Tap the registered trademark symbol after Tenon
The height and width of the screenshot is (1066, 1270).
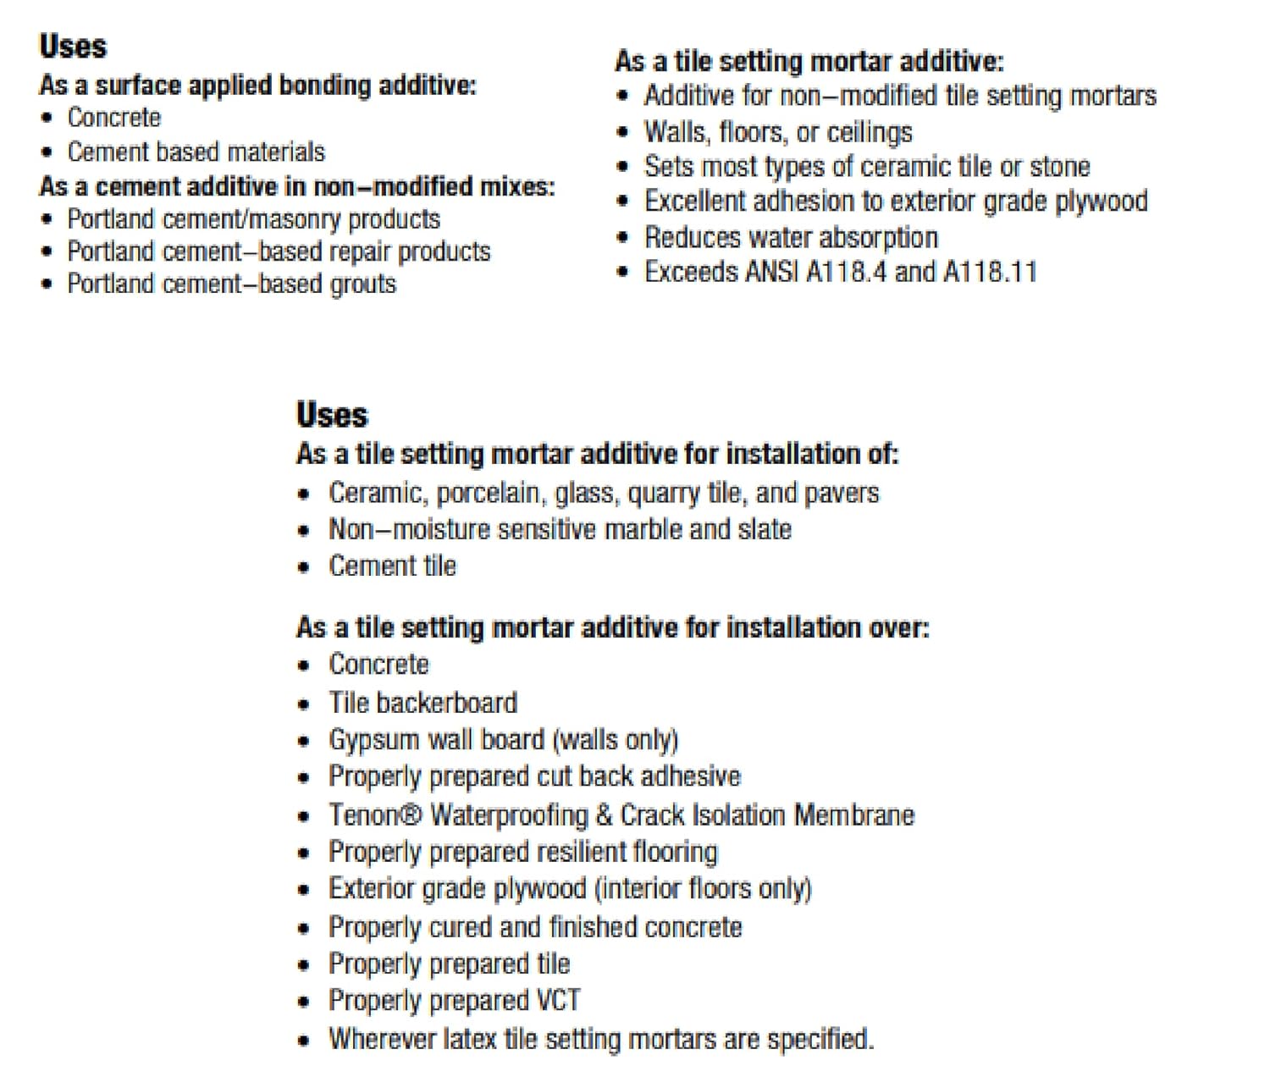[411, 815]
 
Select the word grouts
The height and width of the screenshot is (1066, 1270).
[363, 284]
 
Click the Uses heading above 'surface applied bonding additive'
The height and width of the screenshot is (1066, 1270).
[73, 46]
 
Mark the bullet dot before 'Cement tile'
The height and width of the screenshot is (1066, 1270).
[304, 567]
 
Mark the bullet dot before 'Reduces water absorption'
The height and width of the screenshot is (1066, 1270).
[623, 238]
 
